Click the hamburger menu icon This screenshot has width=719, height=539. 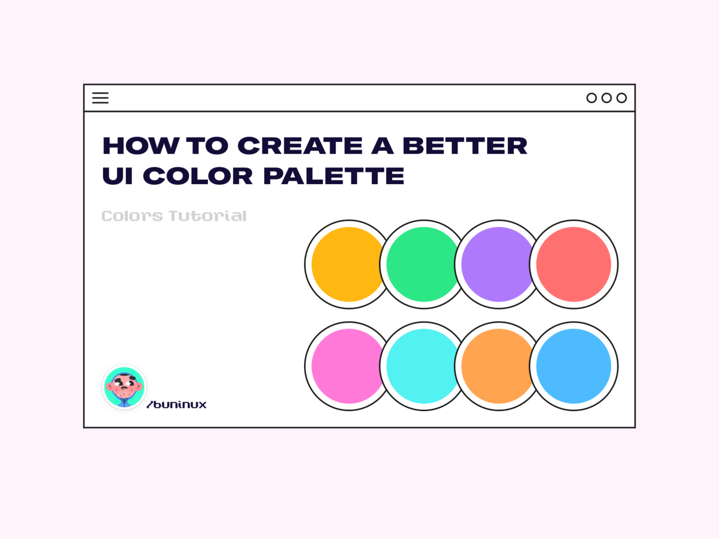coord(100,98)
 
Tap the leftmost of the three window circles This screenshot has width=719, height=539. coord(591,98)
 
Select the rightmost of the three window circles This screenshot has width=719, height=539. coord(621,98)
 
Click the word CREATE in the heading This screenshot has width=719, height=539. coord(300,146)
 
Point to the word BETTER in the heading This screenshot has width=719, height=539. coord(465,146)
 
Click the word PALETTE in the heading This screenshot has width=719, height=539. coord(333,176)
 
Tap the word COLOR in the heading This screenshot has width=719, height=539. coord(198,176)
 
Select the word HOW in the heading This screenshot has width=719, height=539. coord(141,146)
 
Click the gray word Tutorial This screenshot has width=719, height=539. coord(208,216)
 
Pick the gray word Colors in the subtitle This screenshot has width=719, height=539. coord(132,216)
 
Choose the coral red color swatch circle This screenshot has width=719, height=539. coord(574,264)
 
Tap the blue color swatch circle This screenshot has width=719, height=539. coord(574,366)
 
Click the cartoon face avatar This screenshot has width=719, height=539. coord(124,387)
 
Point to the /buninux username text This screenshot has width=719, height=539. coord(177,405)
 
